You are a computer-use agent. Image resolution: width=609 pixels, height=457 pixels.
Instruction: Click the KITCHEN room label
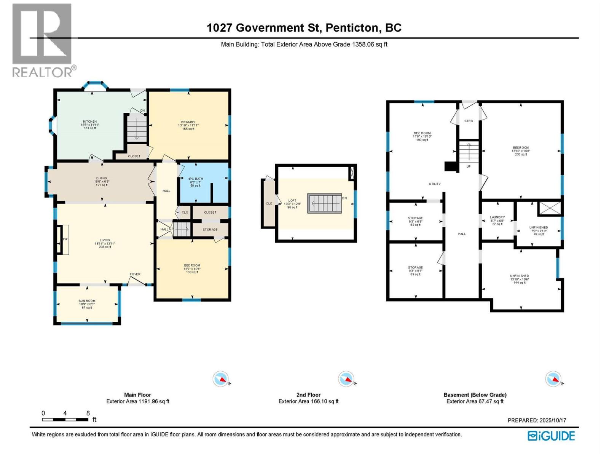point(90,122)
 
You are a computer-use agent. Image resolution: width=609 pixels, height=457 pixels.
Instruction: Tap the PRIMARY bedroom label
point(188,122)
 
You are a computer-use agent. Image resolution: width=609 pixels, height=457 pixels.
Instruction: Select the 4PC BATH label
point(196,179)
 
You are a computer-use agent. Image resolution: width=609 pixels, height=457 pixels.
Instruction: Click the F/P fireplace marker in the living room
point(65,239)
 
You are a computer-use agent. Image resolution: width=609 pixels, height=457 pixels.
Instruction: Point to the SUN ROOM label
point(87,301)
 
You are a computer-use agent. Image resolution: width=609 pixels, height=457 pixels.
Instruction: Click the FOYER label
point(135,274)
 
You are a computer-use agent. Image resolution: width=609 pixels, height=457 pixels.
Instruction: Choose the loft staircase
point(325,203)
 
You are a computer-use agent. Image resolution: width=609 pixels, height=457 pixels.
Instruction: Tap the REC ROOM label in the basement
point(422,133)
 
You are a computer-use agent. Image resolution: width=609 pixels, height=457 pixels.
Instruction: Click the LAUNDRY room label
point(497,217)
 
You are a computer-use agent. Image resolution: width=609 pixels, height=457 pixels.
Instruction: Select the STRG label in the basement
point(469,121)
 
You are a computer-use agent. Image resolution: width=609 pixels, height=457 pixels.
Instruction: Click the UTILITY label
point(435,184)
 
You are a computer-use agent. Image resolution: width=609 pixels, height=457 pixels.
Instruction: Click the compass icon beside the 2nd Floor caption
point(346,379)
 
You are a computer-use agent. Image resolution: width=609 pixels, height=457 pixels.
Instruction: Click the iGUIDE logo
point(551,436)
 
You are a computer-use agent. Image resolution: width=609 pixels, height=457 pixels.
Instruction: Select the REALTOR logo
point(42,40)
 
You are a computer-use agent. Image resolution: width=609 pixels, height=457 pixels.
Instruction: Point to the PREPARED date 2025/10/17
point(537,420)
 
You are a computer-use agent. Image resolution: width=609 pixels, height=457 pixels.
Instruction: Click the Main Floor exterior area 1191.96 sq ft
point(138,401)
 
